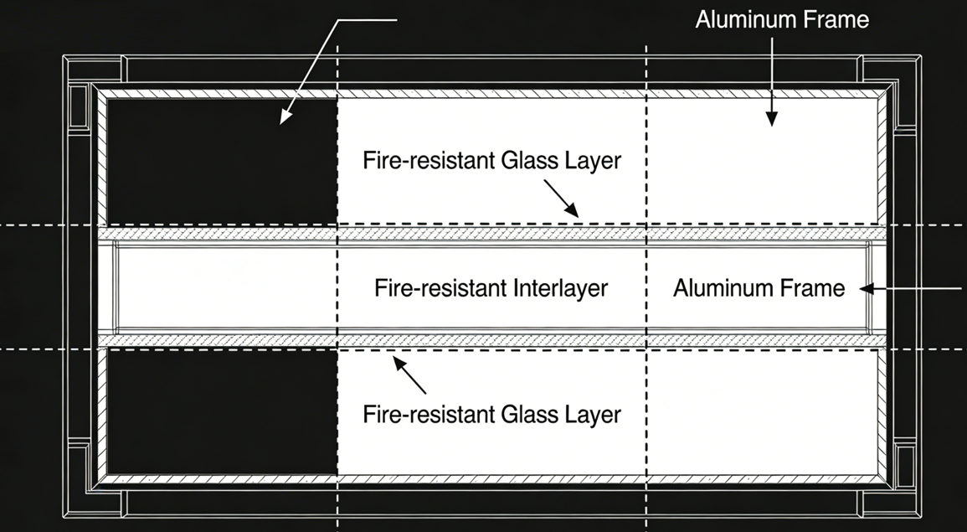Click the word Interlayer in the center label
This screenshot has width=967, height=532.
[560, 289]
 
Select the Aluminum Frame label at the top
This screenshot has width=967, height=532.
[782, 19]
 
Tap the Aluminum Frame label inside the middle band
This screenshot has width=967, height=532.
[759, 289]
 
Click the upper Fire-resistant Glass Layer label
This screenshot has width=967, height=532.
[491, 160]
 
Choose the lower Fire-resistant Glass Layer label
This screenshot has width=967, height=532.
[491, 414]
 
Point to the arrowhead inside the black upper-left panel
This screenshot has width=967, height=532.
[285, 118]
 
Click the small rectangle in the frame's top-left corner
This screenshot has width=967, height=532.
[78, 107]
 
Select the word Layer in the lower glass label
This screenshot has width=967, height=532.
[593, 414]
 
